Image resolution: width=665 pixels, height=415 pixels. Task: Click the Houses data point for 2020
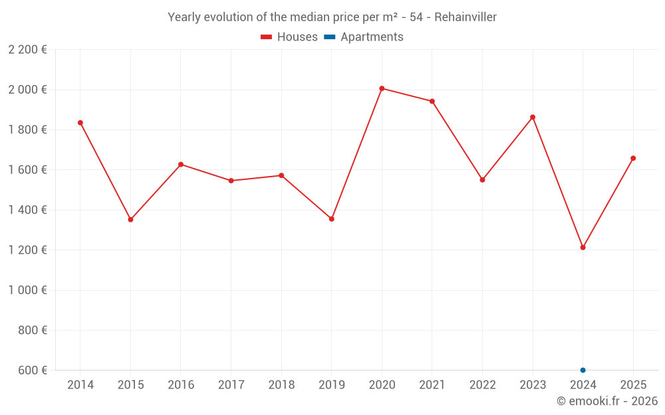click(x=382, y=88)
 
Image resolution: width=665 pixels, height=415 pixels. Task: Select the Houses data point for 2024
click(x=583, y=248)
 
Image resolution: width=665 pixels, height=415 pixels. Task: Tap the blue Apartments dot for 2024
click(x=583, y=370)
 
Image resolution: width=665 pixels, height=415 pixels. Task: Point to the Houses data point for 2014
click(x=80, y=123)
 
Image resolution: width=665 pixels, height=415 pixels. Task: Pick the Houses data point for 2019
click(x=332, y=219)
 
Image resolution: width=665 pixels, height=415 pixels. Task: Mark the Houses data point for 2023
click(x=533, y=118)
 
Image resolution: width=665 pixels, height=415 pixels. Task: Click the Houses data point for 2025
click(x=633, y=158)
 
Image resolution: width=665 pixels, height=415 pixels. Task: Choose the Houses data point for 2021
click(x=432, y=102)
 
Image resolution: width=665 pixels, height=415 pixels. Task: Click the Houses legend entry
click(x=289, y=37)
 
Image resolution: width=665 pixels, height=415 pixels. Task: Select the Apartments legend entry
click(x=364, y=37)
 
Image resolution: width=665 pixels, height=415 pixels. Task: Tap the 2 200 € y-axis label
click(x=27, y=50)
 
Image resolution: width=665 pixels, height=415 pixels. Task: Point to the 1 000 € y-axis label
click(x=27, y=290)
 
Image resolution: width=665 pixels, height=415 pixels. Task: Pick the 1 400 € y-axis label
click(x=27, y=210)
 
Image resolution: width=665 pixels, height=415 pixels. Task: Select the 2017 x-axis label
click(x=231, y=385)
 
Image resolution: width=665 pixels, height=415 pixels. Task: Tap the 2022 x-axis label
click(x=482, y=385)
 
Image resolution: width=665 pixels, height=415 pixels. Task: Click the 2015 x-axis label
click(x=130, y=385)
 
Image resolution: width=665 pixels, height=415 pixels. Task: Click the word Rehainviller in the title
click(x=465, y=17)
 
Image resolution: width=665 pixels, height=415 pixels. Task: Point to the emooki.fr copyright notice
click(x=607, y=401)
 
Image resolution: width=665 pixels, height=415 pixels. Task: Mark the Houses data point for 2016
click(x=181, y=165)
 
